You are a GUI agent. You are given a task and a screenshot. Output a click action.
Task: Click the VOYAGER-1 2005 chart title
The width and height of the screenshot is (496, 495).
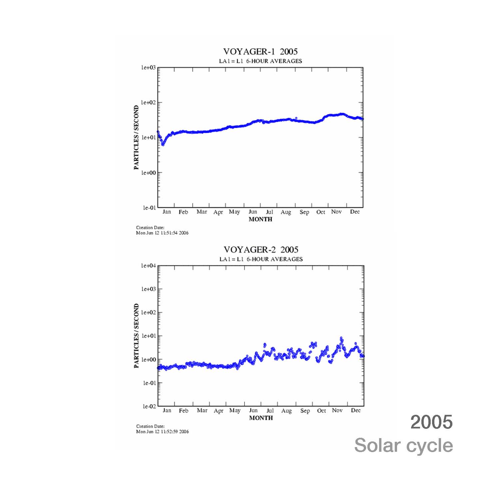point(260,52)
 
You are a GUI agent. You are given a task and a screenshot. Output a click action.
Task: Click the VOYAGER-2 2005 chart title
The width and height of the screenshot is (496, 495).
point(261,250)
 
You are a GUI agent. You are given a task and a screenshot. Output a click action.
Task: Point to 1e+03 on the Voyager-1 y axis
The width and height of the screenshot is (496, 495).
point(148,68)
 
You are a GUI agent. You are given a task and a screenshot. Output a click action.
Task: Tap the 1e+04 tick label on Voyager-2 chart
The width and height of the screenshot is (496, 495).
point(148,266)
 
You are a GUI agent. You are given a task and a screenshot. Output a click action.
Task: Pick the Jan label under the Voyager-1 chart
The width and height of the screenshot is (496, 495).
point(167,212)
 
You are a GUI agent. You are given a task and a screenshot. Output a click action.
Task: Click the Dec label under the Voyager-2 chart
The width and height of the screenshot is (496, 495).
point(356,411)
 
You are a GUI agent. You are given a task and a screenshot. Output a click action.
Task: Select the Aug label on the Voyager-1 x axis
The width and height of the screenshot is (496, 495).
point(286,212)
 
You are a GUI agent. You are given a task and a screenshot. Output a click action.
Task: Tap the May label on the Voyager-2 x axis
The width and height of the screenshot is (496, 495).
point(235,411)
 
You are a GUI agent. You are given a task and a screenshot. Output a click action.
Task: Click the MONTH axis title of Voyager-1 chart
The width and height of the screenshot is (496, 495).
point(260,219)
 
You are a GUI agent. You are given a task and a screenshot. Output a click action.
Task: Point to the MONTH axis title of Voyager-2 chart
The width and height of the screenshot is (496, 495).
point(261,418)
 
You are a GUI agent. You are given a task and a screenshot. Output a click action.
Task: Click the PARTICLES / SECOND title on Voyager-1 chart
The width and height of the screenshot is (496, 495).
point(136,137)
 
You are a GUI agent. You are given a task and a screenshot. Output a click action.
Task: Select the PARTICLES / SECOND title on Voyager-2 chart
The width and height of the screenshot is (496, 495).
point(136,336)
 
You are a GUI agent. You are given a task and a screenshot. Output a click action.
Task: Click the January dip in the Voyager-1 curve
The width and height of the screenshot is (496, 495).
point(163,144)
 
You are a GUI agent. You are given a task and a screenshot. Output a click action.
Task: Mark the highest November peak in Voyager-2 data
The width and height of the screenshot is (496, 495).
point(341,338)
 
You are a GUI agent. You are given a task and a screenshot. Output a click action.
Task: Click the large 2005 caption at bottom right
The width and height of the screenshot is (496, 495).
point(431,422)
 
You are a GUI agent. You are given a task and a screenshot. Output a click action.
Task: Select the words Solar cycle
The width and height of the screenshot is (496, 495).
point(403,445)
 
